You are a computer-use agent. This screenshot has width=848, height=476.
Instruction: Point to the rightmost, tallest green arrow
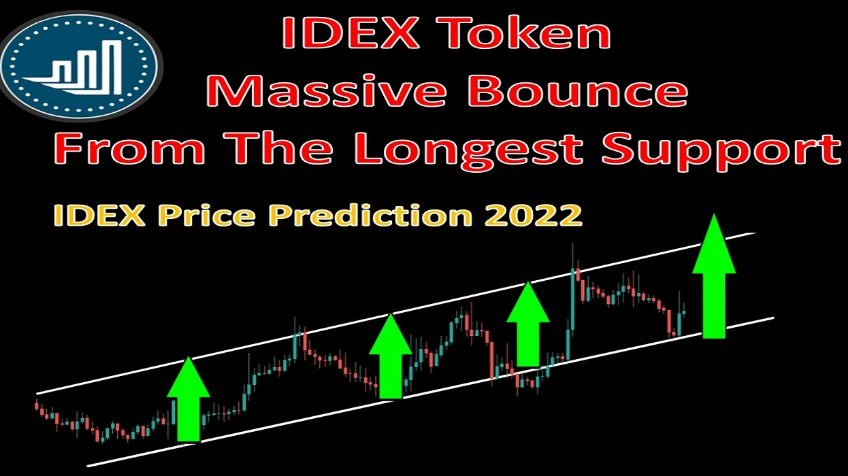(714, 275)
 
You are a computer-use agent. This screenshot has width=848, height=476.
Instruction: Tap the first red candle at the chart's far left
(37, 406)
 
